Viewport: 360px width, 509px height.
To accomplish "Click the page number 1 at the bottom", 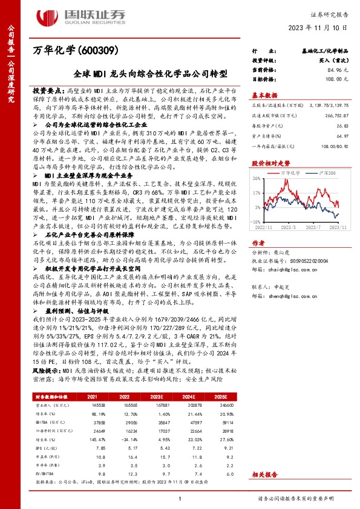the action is pyautogui.click(x=180, y=498).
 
